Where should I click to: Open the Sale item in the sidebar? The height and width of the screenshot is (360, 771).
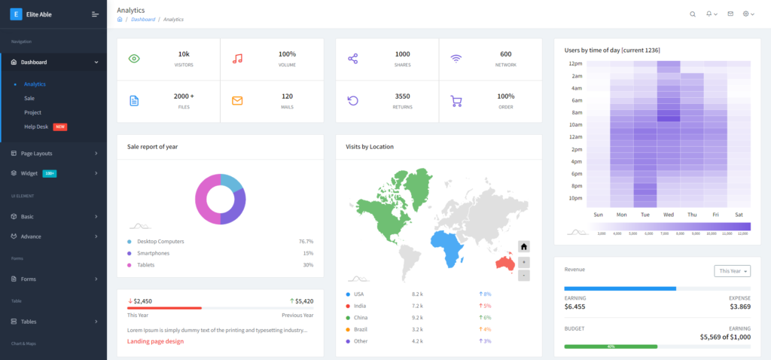pyautogui.click(x=29, y=98)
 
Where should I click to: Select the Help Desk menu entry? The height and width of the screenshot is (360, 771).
pyautogui.click(x=36, y=127)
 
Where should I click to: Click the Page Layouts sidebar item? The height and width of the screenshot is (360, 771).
pyautogui.click(x=37, y=153)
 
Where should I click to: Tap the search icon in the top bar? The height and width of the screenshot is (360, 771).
pyautogui.click(x=693, y=14)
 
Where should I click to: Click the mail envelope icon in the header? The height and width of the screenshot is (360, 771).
pyautogui.click(x=730, y=14)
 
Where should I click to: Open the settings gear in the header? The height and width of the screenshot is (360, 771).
pyautogui.click(x=745, y=14)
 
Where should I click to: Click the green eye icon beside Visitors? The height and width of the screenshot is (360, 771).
pyautogui.click(x=134, y=59)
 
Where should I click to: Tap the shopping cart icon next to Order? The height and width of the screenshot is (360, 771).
pyautogui.click(x=456, y=101)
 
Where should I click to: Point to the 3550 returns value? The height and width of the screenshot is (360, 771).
pyautogui.click(x=403, y=96)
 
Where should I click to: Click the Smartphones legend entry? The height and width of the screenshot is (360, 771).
pyautogui.click(x=153, y=253)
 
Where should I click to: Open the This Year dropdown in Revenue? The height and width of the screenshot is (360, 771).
pyautogui.click(x=732, y=271)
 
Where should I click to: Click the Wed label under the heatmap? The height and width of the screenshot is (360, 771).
pyautogui.click(x=669, y=215)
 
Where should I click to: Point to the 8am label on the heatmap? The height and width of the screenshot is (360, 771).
pyautogui.click(x=576, y=112)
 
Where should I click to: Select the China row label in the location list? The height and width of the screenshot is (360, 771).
pyautogui.click(x=360, y=317)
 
